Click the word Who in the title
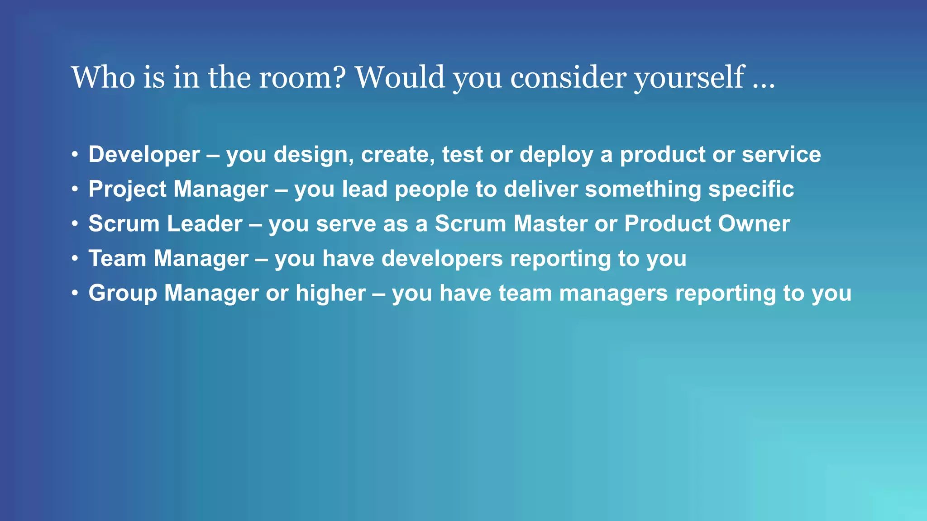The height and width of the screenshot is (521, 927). point(103,77)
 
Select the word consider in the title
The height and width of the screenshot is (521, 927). point(568,77)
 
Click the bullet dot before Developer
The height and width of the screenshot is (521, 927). point(75,155)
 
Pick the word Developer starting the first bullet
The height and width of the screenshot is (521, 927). point(144,155)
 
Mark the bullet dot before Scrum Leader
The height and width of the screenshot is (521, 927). point(75,224)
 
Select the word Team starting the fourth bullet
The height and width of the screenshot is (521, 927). point(117,259)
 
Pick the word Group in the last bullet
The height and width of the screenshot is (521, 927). point(123,294)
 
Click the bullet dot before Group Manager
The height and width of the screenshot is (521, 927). point(75,293)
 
